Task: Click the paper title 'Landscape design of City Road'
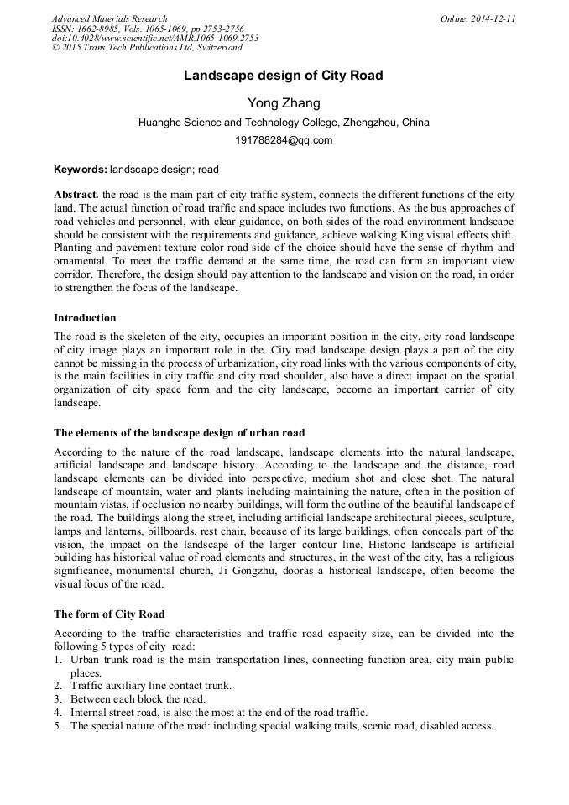click(284, 76)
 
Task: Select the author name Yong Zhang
click(284, 103)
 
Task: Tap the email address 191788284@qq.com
click(284, 140)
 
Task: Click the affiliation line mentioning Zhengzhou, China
click(284, 123)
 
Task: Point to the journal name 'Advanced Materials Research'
click(110, 18)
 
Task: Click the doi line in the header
click(155, 38)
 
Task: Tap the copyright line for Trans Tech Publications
click(147, 48)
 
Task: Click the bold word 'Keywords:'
click(81, 170)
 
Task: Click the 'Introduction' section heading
click(85, 318)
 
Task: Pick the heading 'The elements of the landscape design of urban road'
click(180, 433)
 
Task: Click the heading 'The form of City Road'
click(109, 614)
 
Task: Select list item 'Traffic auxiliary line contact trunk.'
click(155, 686)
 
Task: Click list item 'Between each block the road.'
click(138, 698)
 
